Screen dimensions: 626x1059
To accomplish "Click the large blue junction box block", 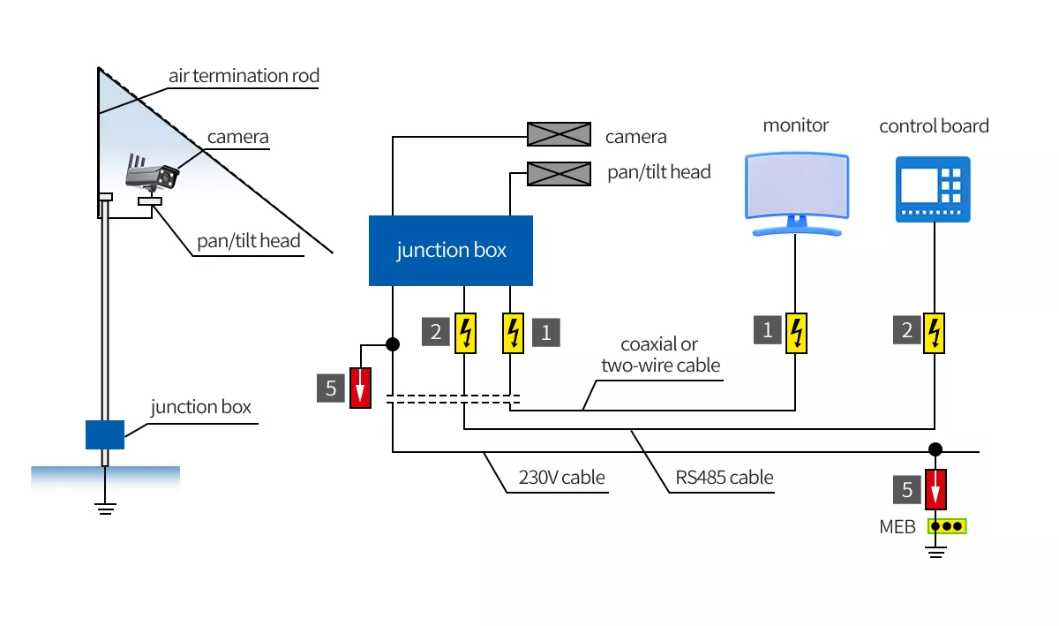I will click(450, 251).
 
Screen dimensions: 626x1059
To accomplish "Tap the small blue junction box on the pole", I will click(105, 434).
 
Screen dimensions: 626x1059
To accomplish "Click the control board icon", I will click(933, 190).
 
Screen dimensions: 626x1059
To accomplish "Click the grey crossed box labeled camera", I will click(559, 134).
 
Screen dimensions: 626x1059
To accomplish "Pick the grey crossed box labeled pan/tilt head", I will click(559, 174).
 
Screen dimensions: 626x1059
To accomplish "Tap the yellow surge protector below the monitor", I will click(797, 332).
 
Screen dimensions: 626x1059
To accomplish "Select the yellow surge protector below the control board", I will click(935, 332).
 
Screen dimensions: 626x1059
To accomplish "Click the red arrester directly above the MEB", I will click(935, 489).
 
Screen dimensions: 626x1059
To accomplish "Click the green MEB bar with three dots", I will click(947, 526).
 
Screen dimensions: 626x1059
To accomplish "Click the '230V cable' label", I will click(561, 478).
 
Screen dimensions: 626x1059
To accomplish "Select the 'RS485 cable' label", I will click(725, 478).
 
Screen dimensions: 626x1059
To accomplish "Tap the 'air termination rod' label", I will click(244, 76).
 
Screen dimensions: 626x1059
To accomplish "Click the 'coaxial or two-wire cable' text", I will click(661, 354).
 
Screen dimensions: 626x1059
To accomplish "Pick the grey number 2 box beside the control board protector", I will click(908, 331).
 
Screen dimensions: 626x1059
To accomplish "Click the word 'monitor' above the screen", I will click(796, 125).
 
